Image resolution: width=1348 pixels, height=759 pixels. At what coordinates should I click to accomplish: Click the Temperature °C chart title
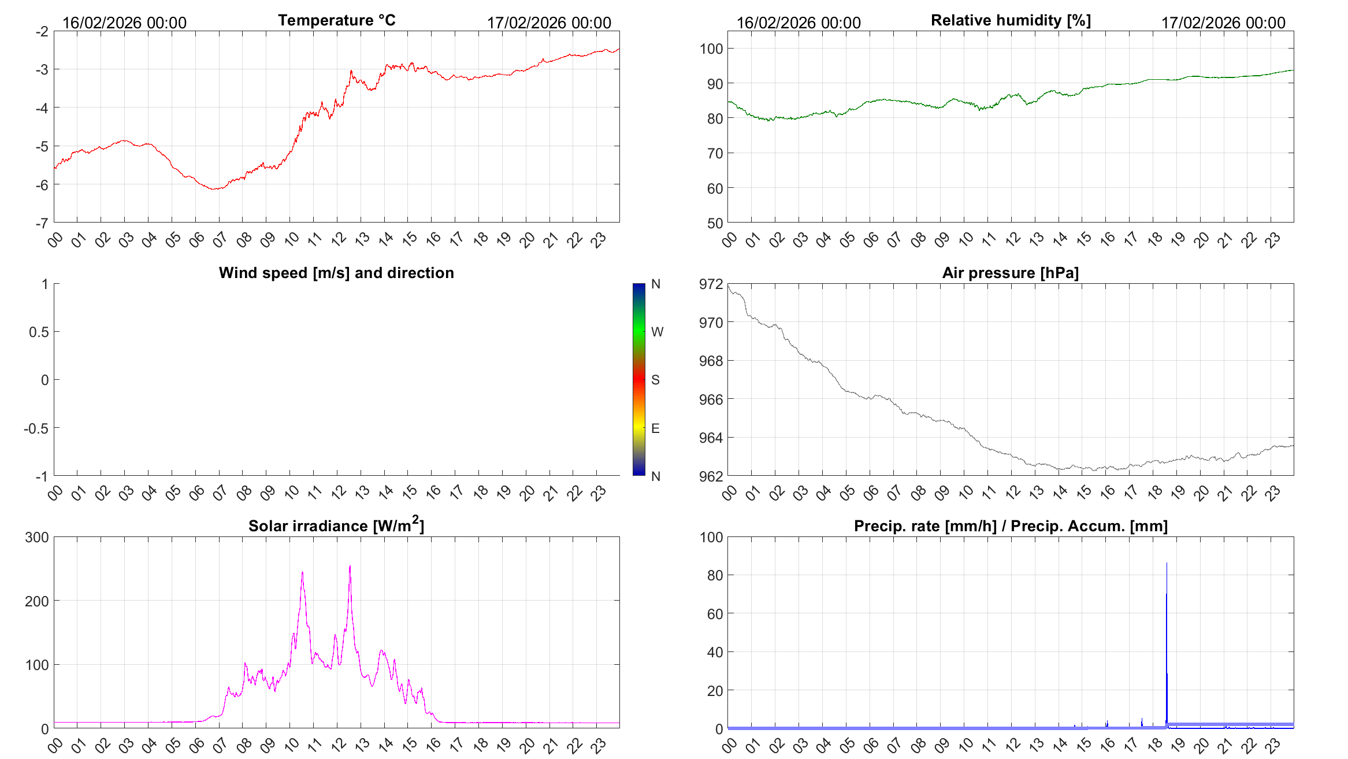click(x=336, y=20)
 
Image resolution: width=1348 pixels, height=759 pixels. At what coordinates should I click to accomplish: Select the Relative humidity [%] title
click(x=1011, y=20)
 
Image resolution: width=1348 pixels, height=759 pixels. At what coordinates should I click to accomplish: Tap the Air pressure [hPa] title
click(x=1010, y=273)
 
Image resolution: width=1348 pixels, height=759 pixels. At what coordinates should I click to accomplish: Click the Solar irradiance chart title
click(x=336, y=525)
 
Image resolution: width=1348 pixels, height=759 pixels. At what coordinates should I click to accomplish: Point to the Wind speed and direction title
click(x=336, y=273)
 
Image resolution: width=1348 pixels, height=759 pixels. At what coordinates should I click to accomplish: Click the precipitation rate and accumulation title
click(x=1011, y=526)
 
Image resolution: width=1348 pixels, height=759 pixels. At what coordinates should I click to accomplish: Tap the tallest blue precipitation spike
click(x=1166, y=564)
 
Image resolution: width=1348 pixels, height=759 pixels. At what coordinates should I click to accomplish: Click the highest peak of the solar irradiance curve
click(x=350, y=567)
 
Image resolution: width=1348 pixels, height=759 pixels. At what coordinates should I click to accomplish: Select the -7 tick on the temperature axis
click(x=42, y=223)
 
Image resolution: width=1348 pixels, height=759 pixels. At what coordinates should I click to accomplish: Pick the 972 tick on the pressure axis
click(x=711, y=284)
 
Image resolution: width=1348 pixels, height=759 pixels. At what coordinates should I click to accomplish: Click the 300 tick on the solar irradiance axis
click(x=36, y=537)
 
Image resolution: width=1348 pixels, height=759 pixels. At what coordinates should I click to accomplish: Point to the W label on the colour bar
click(x=657, y=332)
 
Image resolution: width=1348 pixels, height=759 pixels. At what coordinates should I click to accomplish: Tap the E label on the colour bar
click(x=655, y=428)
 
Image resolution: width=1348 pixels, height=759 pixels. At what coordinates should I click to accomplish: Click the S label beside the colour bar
click(x=655, y=380)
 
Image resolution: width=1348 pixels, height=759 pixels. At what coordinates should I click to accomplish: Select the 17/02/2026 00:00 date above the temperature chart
click(x=548, y=23)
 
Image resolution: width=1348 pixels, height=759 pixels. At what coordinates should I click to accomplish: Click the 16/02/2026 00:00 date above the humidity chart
click(x=798, y=23)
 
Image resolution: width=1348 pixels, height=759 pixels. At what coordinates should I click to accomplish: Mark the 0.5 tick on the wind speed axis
click(x=38, y=332)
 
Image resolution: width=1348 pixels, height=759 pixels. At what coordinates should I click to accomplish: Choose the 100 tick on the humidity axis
click(x=711, y=49)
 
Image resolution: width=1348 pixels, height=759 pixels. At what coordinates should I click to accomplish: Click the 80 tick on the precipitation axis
click(x=715, y=575)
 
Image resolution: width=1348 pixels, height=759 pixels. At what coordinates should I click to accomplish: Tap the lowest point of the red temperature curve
click(x=215, y=189)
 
